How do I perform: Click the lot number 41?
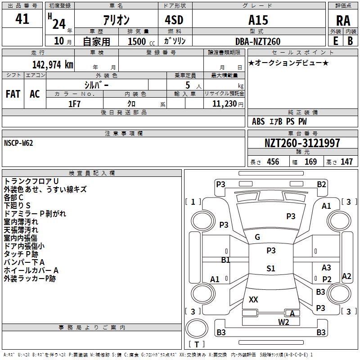[x=22, y=19]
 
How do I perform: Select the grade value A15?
[x=258, y=20]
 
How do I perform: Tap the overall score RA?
[x=343, y=21]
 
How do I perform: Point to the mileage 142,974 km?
[x=52, y=64]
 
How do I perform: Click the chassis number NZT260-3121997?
[x=302, y=143]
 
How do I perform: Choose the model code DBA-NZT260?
[x=258, y=41]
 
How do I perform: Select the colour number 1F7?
[x=74, y=103]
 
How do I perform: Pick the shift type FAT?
[x=13, y=94]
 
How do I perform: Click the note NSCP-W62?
[x=18, y=143]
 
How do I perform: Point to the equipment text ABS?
[x=258, y=121]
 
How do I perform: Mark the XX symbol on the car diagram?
[x=253, y=300]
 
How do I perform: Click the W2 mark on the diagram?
[x=283, y=322]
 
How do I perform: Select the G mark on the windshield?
[x=257, y=237]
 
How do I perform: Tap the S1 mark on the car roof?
[x=270, y=269]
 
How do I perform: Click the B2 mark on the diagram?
[x=321, y=184]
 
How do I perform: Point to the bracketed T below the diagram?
[x=196, y=345]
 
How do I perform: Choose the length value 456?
[x=273, y=162]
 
